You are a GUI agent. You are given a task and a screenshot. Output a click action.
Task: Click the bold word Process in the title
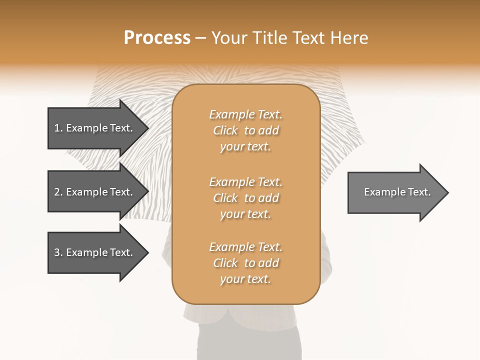157,38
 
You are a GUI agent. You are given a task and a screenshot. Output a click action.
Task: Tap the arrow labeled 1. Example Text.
95,128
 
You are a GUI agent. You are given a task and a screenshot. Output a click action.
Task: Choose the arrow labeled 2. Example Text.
95,192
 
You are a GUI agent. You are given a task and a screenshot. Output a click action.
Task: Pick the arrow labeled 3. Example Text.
95,252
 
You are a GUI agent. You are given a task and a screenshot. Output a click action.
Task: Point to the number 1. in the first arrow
58,128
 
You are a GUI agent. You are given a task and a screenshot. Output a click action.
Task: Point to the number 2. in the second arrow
58,192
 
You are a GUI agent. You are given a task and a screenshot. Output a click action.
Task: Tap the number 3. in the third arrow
58,252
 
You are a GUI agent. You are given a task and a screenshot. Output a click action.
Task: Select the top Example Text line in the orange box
245,114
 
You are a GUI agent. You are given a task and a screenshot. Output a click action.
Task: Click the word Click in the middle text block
225,198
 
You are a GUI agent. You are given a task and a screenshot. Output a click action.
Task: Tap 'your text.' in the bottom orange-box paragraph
245,279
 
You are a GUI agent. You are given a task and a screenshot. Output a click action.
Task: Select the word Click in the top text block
225,130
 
